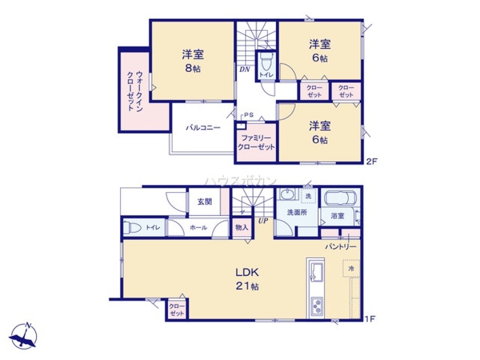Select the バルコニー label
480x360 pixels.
(203, 128)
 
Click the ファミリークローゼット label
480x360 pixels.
(256, 143)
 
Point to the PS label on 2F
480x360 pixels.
(249, 115)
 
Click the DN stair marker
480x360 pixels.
(245, 69)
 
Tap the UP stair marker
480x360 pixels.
(263, 221)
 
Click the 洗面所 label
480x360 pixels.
(297, 212)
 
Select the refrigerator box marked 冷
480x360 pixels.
(351, 269)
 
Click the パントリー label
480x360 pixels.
(340, 246)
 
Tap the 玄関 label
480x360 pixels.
(204, 202)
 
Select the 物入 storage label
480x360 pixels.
(241, 228)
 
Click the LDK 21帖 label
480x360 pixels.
(247, 279)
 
